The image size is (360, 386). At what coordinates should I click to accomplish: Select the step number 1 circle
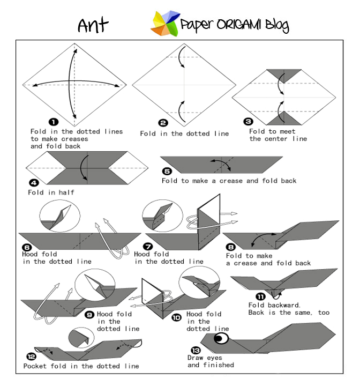tap(54, 122)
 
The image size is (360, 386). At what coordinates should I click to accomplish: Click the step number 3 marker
tap(248, 122)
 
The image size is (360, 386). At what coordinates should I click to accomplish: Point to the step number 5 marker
tap(168, 171)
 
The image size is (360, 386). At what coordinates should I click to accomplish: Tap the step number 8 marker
tap(231, 247)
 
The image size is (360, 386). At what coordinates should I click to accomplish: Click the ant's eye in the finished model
tap(221, 338)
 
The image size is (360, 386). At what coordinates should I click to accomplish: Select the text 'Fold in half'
tap(51, 192)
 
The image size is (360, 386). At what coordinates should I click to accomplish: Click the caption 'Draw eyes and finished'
tap(211, 361)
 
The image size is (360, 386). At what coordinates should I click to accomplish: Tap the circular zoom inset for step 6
tap(59, 217)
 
